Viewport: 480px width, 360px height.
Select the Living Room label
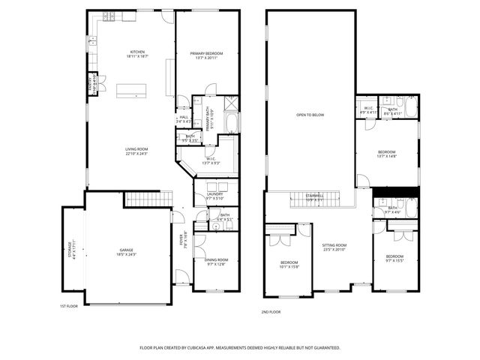point(136,151)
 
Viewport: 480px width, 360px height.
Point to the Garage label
point(126,252)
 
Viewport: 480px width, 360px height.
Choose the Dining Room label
point(215,262)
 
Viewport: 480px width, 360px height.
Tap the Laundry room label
point(215,196)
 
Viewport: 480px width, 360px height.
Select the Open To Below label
point(310,115)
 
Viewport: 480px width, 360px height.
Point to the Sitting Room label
point(334,247)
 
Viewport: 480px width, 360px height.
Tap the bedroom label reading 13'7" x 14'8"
point(387,154)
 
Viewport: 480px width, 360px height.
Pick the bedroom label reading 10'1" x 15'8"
point(289,263)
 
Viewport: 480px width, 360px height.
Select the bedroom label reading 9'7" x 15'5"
point(394,259)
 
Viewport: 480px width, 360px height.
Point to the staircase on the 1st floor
point(142,199)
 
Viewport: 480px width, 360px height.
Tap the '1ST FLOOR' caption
point(69,306)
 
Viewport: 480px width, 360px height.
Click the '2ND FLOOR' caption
point(270,311)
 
